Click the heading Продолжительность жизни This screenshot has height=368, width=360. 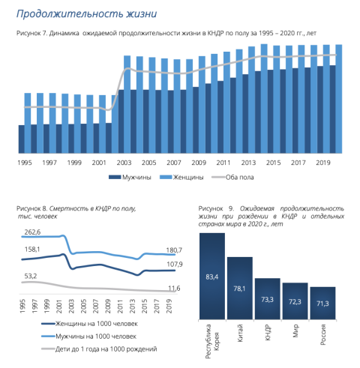pyautogui.click(x=86, y=14)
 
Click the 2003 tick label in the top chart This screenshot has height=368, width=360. pyautogui.click(x=124, y=163)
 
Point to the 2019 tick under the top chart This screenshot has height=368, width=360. pyautogui.click(x=323, y=163)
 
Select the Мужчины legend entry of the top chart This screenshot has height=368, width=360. pyautogui.click(x=130, y=178)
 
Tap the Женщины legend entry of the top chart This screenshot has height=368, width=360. pyautogui.click(x=181, y=178)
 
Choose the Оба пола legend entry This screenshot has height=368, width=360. pyautogui.click(x=232, y=178)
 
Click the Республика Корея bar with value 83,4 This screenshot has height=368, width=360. pyautogui.click(x=212, y=276)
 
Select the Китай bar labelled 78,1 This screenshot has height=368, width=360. pyautogui.click(x=240, y=288)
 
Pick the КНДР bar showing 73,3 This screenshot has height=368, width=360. pyautogui.click(x=268, y=299)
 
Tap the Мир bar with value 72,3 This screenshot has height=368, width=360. pyautogui.click(x=295, y=301)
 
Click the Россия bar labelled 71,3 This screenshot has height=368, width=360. pyautogui.click(x=322, y=303)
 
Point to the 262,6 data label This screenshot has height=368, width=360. pyautogui.click(x=32, y=232)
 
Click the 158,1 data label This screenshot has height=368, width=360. pyautogui.click(x=32, y=250)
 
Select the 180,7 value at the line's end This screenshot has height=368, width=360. pyautogui.click(x=174, y=250)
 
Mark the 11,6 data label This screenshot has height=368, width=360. pyautogui.click(x=174, y=289)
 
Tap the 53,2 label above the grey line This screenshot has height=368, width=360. pyautogui.click(x=31, y=276)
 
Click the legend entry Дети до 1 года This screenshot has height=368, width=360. pyautogui.click(x=99, y=349)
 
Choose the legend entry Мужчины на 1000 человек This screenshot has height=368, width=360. pyautogui.click(x=89, y=337)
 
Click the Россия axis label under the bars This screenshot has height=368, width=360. pyautogui.click(x=323, y=334)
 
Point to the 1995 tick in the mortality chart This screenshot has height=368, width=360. pyautogui.click(x=22, y=306)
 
